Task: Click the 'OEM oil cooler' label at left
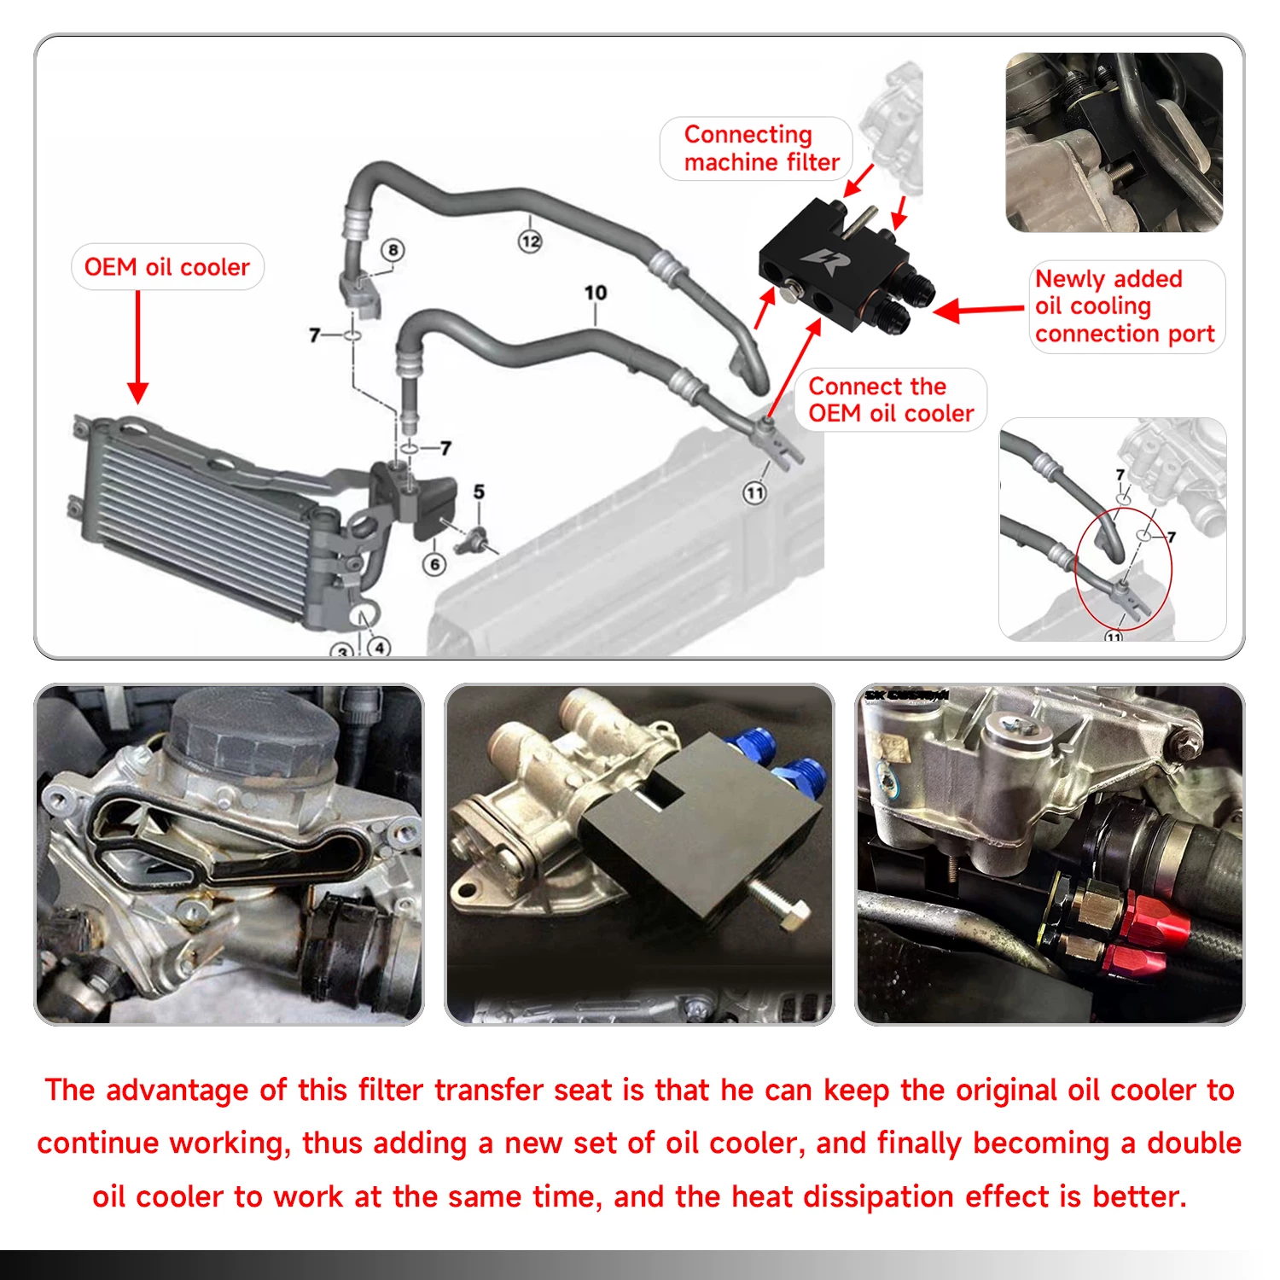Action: [x=167, y=267]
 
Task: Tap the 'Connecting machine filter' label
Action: [x=761, y=148]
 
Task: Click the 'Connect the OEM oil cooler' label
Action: [x=891, y=399]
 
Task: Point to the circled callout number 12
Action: [x=530, y=241]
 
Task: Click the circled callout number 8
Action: [x=393, y=250]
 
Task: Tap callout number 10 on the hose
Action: [x=596, y=293]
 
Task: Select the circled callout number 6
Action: [x=434, y=564]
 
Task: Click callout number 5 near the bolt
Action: [x=479, y=492]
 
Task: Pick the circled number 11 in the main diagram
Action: [x=754, y=492]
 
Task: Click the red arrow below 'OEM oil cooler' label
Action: [x=137, y=346]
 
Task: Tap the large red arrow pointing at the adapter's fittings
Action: [x=978, y=310]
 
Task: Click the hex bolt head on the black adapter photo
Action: [x=794, y=917]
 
